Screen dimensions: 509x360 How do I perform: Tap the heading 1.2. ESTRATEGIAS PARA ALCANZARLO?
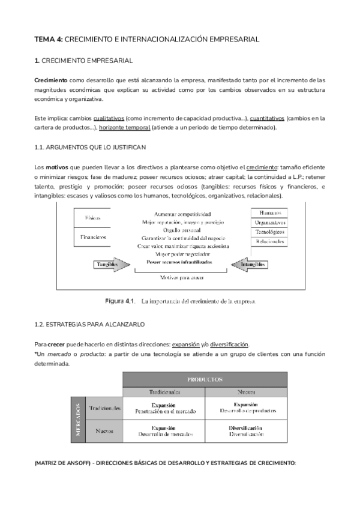[x=89, y=324]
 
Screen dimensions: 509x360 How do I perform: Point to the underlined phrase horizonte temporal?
[x=124, y=127]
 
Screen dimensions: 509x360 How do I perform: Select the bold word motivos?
[x=58, y=167]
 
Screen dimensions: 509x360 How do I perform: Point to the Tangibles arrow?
[x=113, y=264]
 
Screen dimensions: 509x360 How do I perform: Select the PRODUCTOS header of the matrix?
[x=205, y=379]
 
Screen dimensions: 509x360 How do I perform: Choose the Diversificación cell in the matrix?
[x=246, y=430]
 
